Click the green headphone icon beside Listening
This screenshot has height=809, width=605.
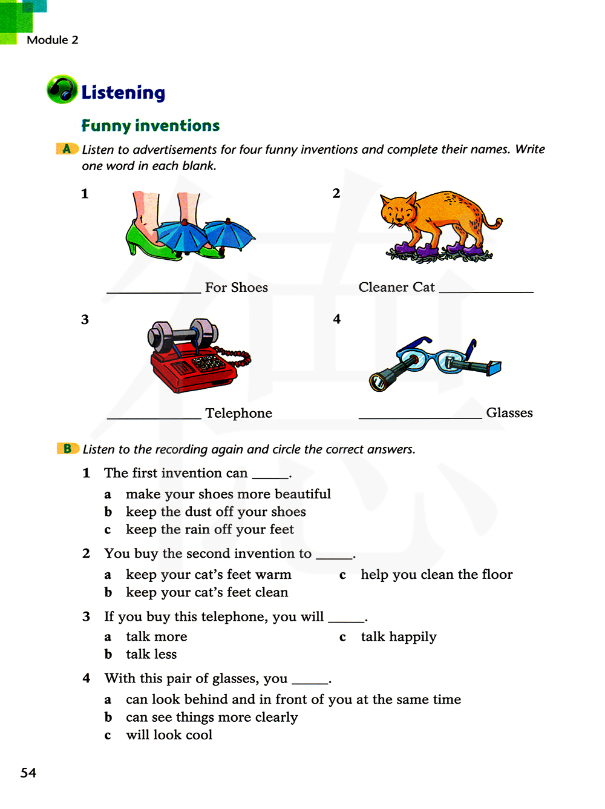(62, 90)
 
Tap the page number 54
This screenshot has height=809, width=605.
(28, 773)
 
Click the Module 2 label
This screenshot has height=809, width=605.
(53, 40)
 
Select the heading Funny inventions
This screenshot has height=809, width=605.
(151, 125)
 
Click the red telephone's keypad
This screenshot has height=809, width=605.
(208, 363)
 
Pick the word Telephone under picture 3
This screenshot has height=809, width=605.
(238, 413)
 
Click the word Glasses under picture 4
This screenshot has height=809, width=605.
(509, 413)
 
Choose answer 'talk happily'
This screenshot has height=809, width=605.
(398, 637)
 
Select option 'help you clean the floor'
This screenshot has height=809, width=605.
(436, 575)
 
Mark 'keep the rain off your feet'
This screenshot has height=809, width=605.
(209, 530)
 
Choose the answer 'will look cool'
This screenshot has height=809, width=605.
(169, 735)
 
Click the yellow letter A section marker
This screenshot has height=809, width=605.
(67, 149)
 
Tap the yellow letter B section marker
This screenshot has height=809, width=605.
(68, 449)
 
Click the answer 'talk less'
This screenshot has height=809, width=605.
(151, 655)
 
